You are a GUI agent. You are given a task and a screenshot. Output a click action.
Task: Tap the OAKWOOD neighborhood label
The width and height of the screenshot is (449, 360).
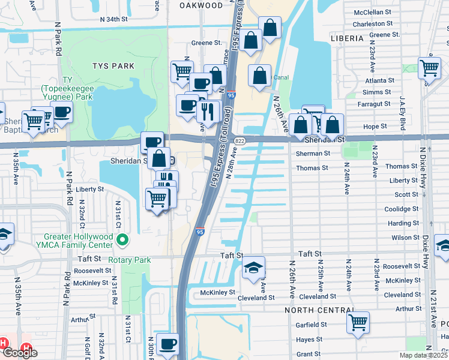(201, 5)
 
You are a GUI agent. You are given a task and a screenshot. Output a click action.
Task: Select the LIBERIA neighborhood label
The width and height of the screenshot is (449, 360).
(346, 38)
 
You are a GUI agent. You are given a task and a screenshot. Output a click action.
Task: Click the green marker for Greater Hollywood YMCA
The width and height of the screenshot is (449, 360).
(123, 240)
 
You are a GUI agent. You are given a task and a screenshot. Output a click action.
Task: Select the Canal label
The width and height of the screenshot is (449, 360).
(281, 77)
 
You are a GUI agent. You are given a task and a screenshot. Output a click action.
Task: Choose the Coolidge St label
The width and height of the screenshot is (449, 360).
(402, 209)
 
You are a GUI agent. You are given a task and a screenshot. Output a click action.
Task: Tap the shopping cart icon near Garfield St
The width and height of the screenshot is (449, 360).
(358, 322)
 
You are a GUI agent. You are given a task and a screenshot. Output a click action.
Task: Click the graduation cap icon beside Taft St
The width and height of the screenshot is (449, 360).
(253, 267)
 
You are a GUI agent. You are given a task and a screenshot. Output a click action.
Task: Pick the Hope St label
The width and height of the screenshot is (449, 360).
(375, 127)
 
